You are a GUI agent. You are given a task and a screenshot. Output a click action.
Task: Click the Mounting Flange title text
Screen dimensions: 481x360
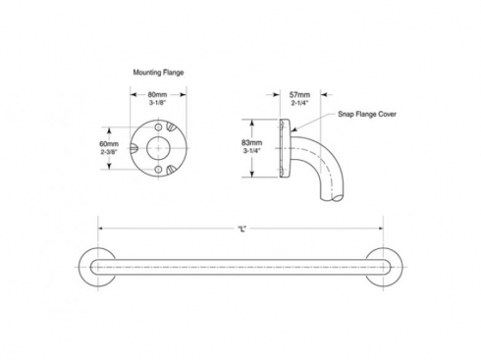158,73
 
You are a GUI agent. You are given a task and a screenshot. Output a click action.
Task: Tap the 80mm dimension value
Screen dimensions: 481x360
157,94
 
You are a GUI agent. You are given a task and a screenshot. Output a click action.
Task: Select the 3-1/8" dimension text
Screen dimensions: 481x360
158,102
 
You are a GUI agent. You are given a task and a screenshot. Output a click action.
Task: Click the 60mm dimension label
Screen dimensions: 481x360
109,143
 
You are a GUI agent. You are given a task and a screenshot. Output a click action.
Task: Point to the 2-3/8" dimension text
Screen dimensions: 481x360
109,151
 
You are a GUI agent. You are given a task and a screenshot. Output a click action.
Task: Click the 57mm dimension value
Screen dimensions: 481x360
299,95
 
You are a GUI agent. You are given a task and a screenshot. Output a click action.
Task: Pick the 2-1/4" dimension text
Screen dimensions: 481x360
300,103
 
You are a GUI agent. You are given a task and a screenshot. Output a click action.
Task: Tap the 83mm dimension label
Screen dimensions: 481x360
252,142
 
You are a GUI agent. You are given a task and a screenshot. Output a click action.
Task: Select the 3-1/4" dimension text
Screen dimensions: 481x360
252,151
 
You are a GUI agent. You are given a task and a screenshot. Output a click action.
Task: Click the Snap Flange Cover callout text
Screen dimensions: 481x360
367,114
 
